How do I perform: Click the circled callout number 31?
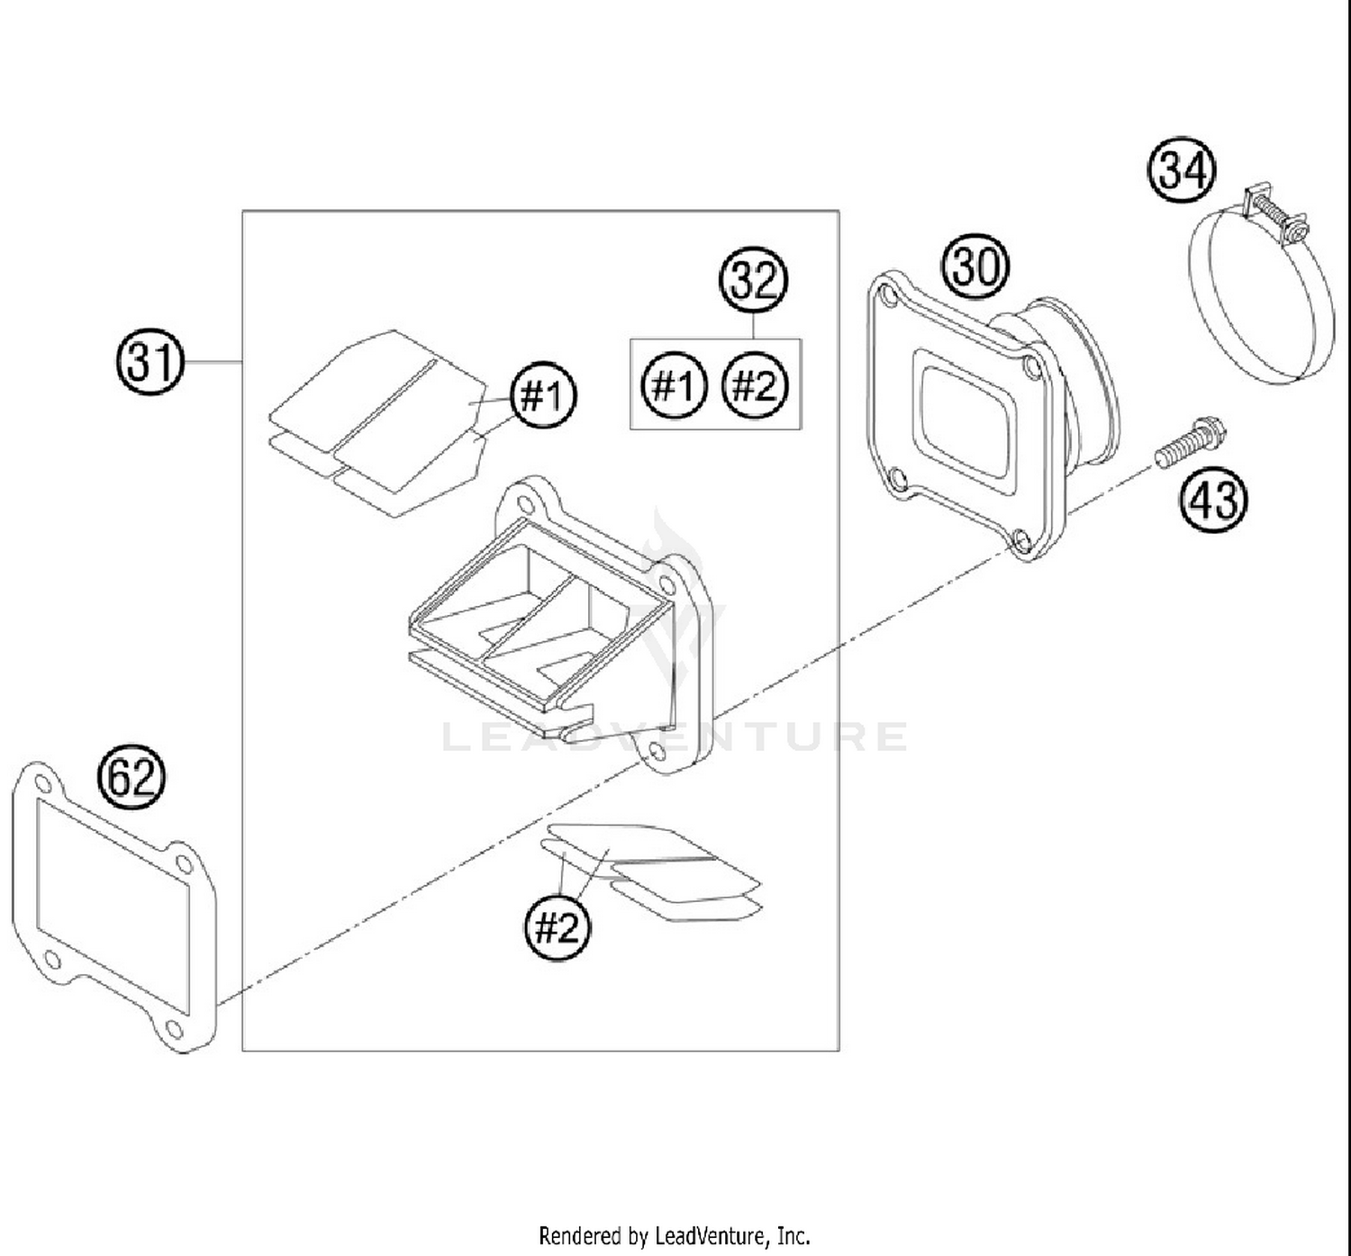point(150,363)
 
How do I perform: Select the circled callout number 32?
point(753,281)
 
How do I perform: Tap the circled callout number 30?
point(975,267)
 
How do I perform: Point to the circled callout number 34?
point(1181,170)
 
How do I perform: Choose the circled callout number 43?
point(1213,498)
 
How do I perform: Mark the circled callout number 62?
point(132,777)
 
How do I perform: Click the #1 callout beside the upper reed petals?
point(544,395)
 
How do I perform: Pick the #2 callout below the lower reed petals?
point(558,926)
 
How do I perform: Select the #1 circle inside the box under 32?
point(675,386)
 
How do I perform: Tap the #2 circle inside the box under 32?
point(755,386)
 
